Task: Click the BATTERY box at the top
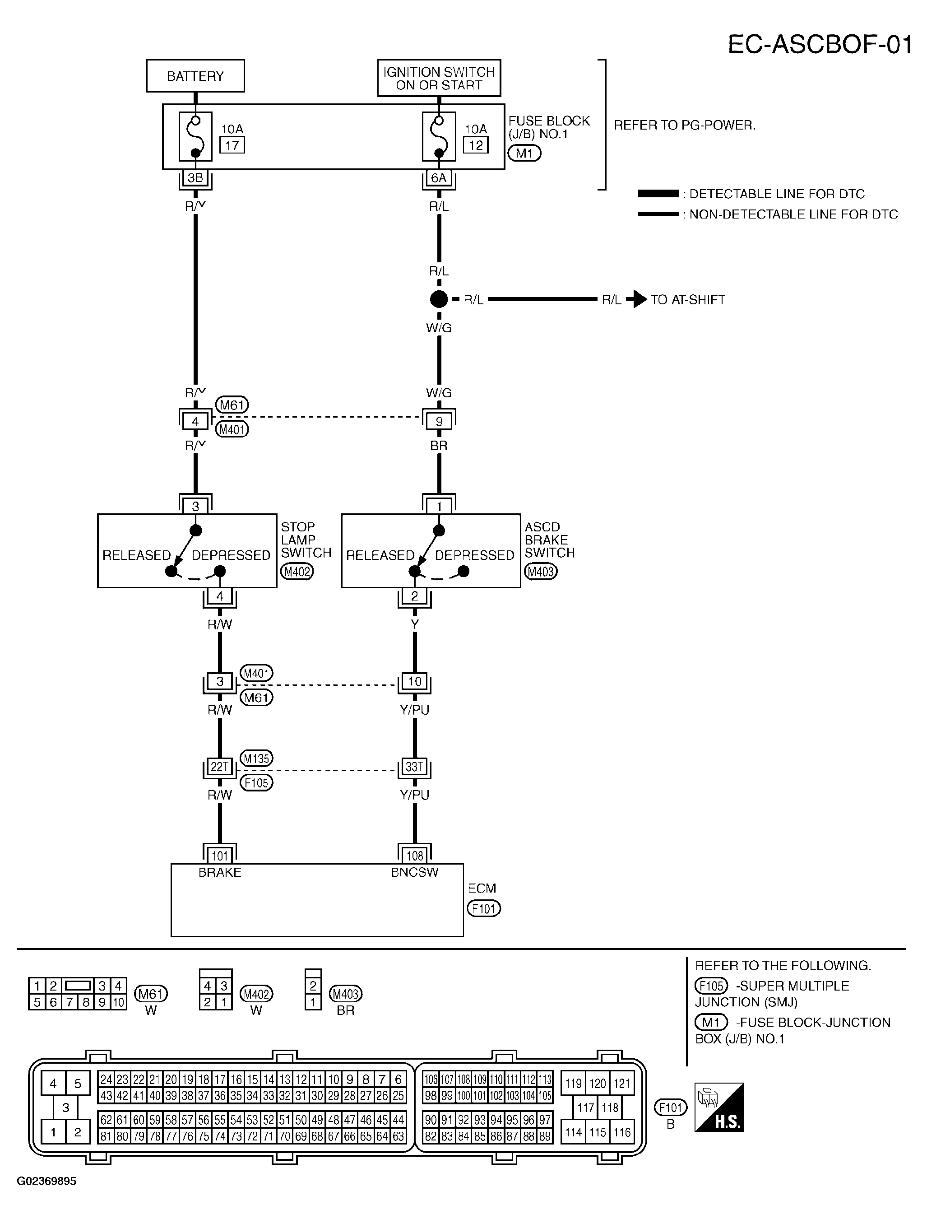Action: coord(195,76)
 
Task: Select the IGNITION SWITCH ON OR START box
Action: coord(439,79)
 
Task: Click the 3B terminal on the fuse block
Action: coord(195,178)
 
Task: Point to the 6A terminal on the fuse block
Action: coord(439,178)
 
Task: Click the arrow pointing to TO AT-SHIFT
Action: coord(637,300)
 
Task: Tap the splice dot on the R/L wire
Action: coord(439,300)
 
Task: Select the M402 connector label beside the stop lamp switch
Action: coord(297,572)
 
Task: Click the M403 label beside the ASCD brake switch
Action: coord(541,572)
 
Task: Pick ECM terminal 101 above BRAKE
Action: coord(220,856)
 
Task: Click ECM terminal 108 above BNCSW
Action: coord(414,856)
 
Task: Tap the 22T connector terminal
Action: coord(220,767)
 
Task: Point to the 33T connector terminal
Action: coord(414,767)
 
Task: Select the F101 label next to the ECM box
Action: coord(484,908)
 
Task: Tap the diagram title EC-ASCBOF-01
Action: coord(820,45)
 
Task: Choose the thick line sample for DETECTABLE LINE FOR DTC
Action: coord(658,194)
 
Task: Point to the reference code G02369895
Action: coord(46,1182)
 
